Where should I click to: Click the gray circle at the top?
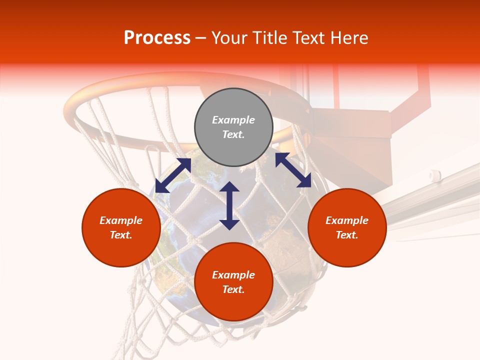tap(233, 127)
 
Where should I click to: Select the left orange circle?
tap(121, 227)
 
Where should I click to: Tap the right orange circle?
tap(347, 227)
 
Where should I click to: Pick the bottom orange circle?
tap(233, 282)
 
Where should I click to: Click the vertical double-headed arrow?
tap(229, 205)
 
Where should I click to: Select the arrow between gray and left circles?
tap(172, 175)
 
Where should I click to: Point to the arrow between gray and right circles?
tap(293, 170)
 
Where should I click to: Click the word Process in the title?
tap(157, 37)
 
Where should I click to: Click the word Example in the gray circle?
tap(233, 120)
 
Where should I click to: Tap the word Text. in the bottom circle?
tap(233, 289)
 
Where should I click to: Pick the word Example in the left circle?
tap(121, 220)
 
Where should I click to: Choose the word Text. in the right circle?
tap(347, 235)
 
